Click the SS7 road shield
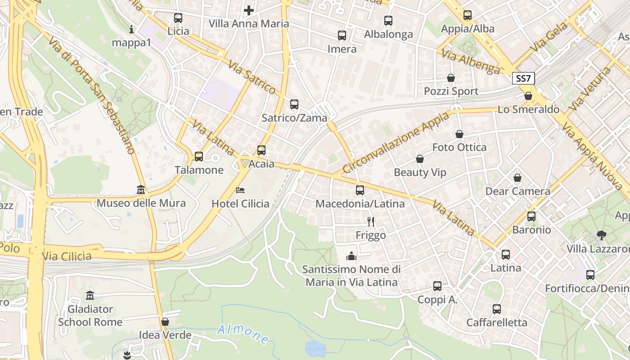coord(523,79)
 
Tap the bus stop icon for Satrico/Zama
coord(294,104)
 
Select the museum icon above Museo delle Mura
coord(141,190)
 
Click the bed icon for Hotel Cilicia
coord(240,190)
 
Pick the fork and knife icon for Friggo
coord(371,221)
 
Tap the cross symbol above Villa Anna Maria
coord(249,10)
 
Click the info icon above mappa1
coord(131,30)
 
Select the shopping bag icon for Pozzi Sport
coord(451,78)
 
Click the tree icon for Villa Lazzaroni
coord(601,235)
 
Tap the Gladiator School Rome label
coord(90,315)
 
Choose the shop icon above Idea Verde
coord(165,322)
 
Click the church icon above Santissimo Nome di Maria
coord(351,256)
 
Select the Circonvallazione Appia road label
coord(396,143)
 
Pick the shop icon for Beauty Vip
coord(420,159)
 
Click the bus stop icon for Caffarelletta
coord(496,309)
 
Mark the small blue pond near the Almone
coord(315,348)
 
